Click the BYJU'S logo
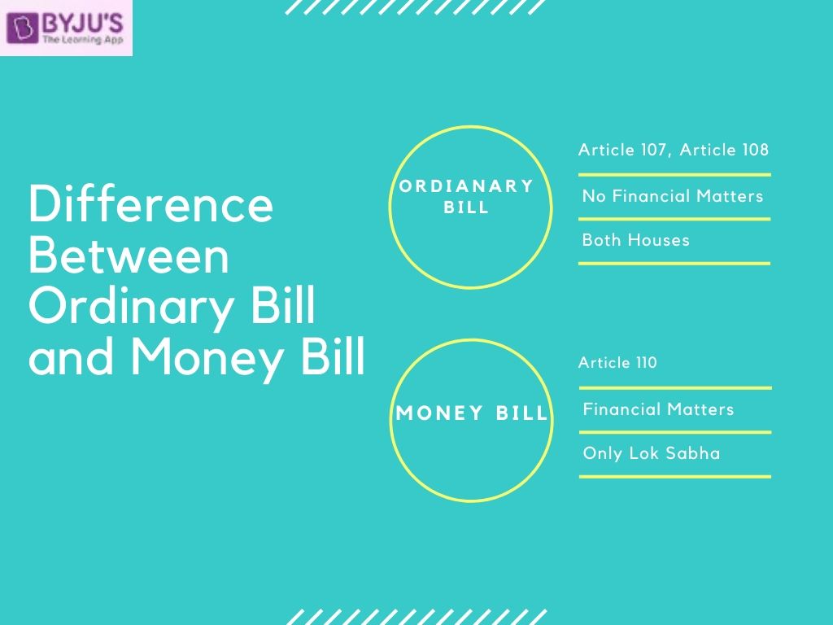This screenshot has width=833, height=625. pos(67,28)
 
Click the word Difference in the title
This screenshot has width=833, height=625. pos(150,205)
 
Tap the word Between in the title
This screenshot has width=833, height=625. pos(129,256)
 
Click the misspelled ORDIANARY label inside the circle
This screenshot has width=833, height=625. pos(466,186)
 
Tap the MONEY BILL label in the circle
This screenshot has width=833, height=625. pos(472,413)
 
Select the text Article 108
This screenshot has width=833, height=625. pos(724,150)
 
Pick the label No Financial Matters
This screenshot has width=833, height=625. pos(673,196)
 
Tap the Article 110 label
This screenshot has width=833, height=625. pos(617,363)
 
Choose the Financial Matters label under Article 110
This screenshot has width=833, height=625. pos(658,409)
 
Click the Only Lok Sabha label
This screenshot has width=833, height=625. pos(652,453)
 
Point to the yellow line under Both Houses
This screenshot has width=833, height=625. pos(674,264)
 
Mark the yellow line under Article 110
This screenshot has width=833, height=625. pos(675,388)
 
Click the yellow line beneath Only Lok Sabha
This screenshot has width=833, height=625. pos(675,476)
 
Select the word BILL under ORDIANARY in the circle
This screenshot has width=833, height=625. pos(466,208)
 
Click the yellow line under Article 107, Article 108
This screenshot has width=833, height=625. pos(674,175)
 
